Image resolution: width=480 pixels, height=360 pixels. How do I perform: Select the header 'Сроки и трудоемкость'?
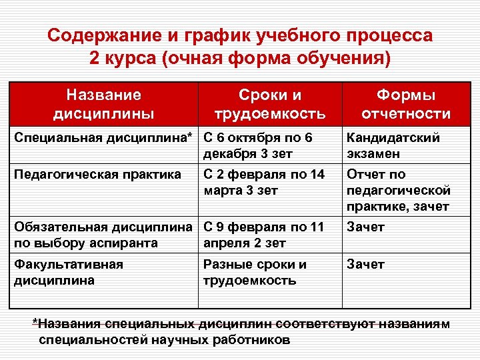tap(269, 104)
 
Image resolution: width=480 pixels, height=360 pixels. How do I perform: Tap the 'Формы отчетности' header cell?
tap(405, 104)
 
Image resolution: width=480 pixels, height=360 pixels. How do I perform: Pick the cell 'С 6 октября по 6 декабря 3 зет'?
tap(257, 145)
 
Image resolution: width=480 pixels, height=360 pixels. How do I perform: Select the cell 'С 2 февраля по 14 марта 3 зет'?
tap(263, 182)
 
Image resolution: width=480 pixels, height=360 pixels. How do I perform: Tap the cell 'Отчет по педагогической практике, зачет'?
tap(398, 191)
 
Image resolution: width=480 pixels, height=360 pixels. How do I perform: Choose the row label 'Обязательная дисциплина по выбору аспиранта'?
tap(106, 235)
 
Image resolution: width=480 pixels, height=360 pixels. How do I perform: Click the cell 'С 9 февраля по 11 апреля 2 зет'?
tap(263, 235)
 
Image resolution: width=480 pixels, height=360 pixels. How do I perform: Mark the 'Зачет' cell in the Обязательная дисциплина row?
tap(365, 227)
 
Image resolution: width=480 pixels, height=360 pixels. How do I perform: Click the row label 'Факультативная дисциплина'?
tap(69, 272)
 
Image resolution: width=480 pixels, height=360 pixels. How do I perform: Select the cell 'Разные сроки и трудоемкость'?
tap(255, 272)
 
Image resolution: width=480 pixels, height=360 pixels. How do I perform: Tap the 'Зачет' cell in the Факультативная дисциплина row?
tap(365, 265)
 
